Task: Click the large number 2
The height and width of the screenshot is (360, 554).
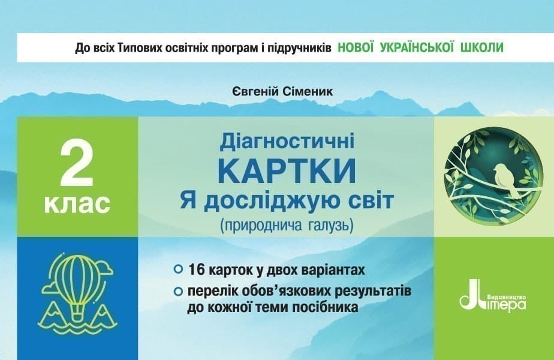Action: click(77, 164)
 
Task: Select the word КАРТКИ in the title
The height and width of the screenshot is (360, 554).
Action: click(287, 170)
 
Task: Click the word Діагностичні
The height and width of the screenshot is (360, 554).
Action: click(287, 142)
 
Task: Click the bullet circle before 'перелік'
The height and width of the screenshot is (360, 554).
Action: click(177, 293)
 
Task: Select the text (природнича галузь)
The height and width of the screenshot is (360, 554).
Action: click(287, 226)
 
